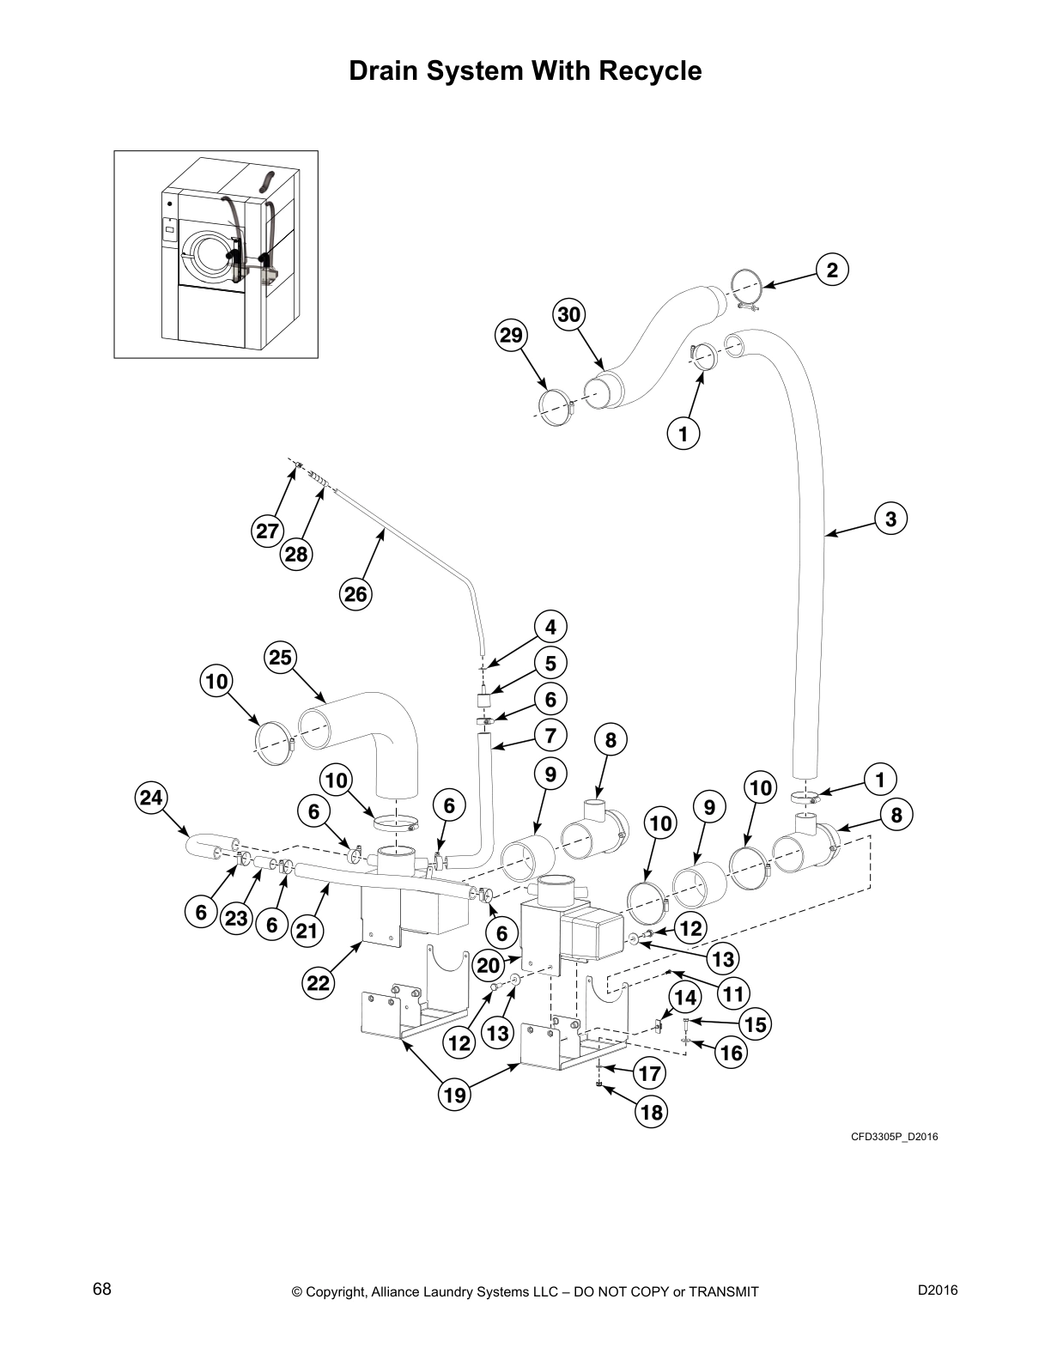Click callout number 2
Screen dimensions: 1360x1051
pyautogui.click(x=831, y=270)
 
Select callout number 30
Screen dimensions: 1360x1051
pyautogui.click(x=568, y=314)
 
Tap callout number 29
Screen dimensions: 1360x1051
pyautogui.click(x=511, y=335)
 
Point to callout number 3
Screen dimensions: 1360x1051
pyautogui.click(x=890, y=519)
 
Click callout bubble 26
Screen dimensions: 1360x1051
pyautogui.click(x=355, y=594)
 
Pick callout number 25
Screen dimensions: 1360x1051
pyautogui.click(x=281, y=659)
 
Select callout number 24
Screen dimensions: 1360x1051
pyautogui.click(x=150, y=798)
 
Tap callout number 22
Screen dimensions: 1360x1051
pyautogui.click(x=318, y=983)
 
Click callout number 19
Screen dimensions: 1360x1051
pyautogui.click(x=455, y=1094)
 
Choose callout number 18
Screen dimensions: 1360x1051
pyautogui.click(x=651, y=1113)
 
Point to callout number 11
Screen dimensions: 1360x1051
pyautogui.click(x=732, y=994)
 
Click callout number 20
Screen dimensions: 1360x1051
pyautogui.click(x=488, y=965)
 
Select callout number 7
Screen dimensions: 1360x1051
pyautogui.click(x=550, y=735)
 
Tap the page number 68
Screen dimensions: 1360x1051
pyautogui.click(x=102, y=1290)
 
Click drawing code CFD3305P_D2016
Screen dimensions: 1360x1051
pyautogui.click(x=894, y=1138)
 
